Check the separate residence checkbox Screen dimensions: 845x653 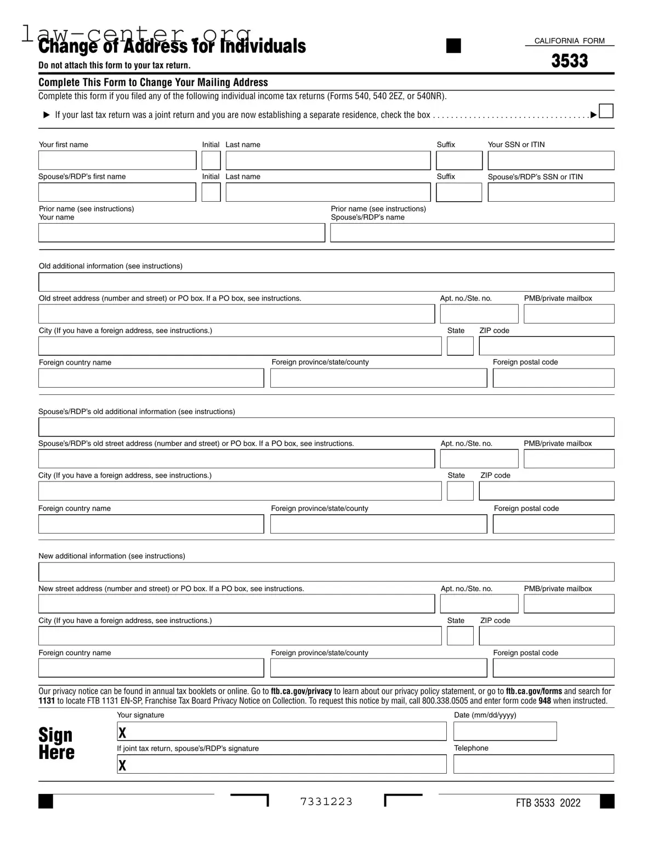(606, 111)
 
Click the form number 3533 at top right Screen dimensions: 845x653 (570, 61)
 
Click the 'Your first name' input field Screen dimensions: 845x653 (117, 160)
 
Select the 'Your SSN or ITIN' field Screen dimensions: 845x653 (550, 160)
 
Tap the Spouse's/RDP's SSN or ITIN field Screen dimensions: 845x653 (550, 192)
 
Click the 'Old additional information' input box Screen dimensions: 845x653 (326, 282)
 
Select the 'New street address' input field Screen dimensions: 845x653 (236, 604)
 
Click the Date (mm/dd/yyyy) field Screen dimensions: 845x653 (505, 731)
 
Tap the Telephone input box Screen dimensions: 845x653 (533, 764)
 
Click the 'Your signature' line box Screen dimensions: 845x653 (282, 731)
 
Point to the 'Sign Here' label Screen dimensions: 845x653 (56, 744)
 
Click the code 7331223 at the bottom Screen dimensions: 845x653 (326, 802)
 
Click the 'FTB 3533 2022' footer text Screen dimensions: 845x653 (548, 803)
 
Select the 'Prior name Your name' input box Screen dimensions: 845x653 (181, 233)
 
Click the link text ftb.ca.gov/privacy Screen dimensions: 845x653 (301, 691)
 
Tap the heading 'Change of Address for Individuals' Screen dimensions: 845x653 (172, 46)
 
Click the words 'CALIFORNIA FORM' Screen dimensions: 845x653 (569, 41)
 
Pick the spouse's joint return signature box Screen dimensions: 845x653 (282, 764)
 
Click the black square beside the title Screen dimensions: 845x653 (453, 46)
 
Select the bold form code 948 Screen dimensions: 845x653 (544, 701)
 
